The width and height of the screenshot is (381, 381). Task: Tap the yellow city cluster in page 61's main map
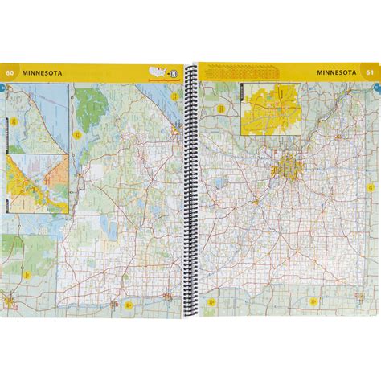[x=286, y=168]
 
